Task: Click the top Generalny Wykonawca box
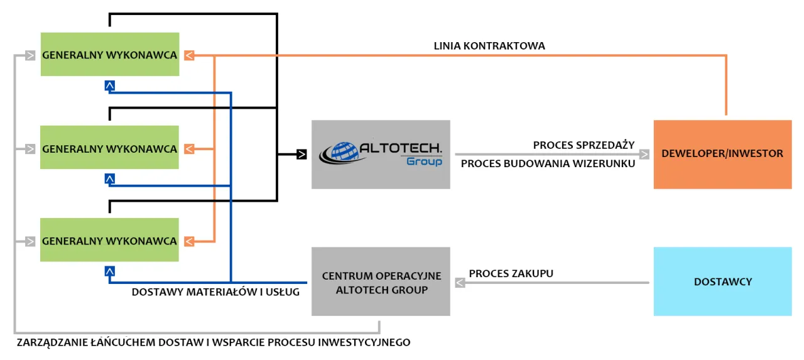(109, 55)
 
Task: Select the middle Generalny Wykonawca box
(109, 149)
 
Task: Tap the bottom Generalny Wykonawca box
(109, 241)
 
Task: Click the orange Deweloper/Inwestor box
(722, 153)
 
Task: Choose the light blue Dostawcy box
(722, 281)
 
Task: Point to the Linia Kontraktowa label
(489, 46)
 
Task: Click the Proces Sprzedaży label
(584, 145)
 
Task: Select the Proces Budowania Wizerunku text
(548, 164)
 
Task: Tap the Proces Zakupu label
(511, 273)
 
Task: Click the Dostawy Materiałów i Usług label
(215, 292)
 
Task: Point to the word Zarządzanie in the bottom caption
(47, 342)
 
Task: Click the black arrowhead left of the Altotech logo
(301, 153)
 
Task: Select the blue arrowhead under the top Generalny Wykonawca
(110, 85)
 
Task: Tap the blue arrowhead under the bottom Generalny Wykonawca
(110, 271)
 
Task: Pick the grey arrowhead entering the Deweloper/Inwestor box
(644, 153)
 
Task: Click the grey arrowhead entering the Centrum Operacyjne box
(459, 283)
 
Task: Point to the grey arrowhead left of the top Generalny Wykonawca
(30, 55)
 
